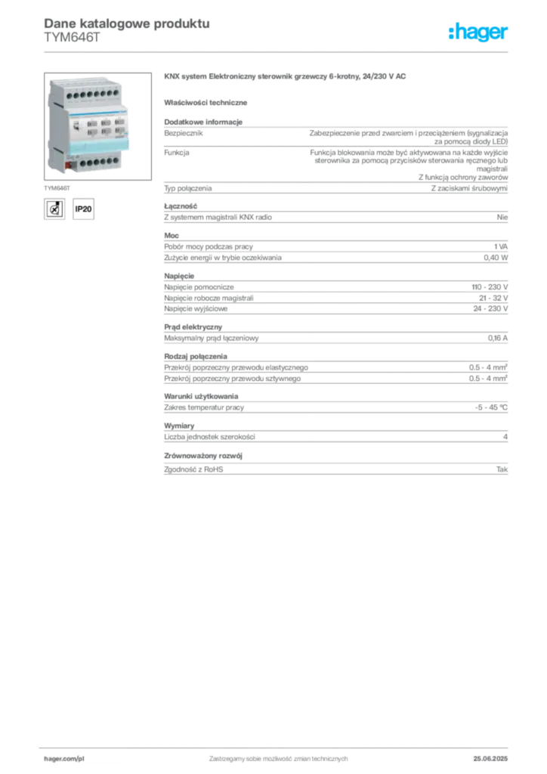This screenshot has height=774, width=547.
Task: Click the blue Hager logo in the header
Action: (479, 33)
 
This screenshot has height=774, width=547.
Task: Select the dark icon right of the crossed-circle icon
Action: (85, 209)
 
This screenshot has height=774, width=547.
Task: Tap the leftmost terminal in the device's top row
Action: (69, 97)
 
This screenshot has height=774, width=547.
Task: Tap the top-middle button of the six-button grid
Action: (105, 122)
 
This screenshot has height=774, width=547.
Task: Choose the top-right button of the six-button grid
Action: (119, 122)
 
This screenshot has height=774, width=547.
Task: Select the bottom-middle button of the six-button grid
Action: (105, 132)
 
